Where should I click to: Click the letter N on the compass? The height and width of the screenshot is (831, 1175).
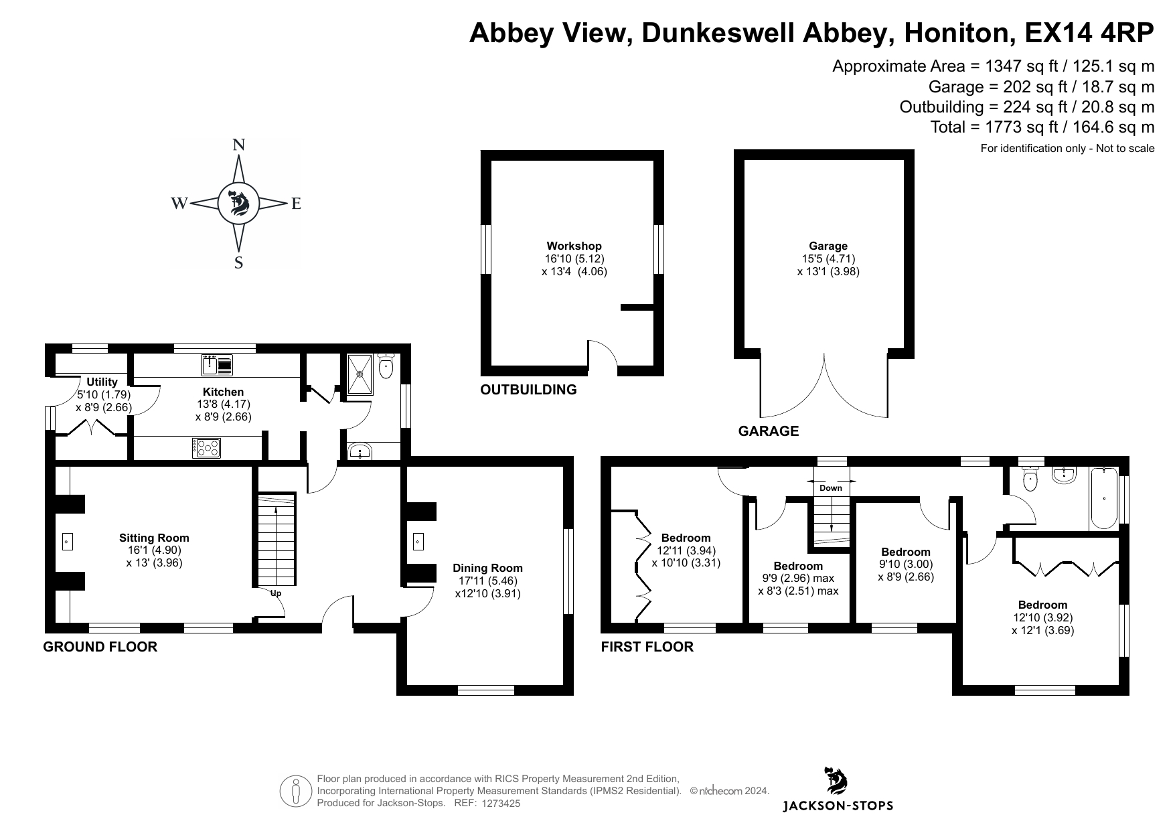[238, 145]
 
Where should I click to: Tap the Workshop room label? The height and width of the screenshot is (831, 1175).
[574, 246]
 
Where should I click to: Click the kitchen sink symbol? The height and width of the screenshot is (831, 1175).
[216, 365]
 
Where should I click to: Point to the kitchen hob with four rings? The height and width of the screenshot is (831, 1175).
[206, 448]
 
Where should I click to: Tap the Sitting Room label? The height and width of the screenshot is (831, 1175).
[154, 538]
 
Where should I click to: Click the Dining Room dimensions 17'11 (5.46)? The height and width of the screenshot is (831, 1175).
[487, 581]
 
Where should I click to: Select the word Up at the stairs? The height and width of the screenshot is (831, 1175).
[276, 593]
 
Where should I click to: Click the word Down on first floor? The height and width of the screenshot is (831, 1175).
[831, 488]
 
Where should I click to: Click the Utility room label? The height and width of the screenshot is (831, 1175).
[102, 382]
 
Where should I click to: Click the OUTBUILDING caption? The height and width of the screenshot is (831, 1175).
[528, 390]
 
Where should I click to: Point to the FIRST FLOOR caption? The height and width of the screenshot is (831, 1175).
[647, 647]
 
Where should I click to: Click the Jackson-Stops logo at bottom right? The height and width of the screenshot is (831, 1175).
[838, 790]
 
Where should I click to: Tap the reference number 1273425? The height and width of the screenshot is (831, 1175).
[501, 804]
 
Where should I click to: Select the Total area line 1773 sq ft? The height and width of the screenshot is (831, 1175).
[1042, 127]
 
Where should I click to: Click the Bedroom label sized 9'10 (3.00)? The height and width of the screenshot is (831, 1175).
[905, 552]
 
